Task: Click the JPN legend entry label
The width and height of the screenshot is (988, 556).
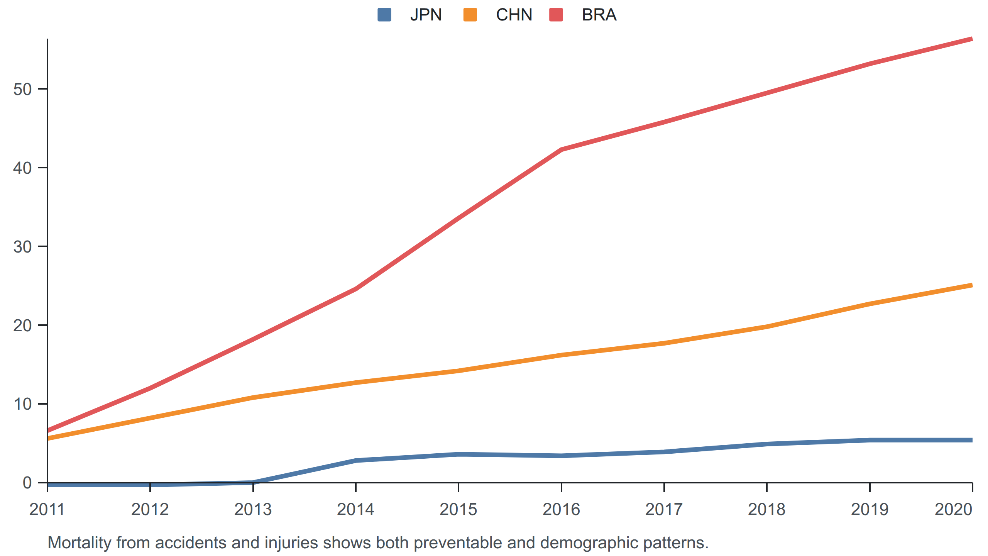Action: (x=426, y=15)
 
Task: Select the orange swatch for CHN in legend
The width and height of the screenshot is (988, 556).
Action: (x=470, y=15)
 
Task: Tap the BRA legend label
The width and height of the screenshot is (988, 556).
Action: (x=599, y=15)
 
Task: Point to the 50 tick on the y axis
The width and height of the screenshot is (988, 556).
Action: (x=22, y=89)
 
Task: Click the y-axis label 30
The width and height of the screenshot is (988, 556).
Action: (x=22, y=247)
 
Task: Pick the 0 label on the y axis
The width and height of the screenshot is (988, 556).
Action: (x=27, y=483)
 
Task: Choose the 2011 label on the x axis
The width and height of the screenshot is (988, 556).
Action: (x=47, y=509)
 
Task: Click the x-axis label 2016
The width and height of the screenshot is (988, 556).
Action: (x=561, y=509)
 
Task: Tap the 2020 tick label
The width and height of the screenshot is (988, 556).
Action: (x=953, y=509)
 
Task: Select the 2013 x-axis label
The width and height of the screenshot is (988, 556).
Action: (x=253, y=509)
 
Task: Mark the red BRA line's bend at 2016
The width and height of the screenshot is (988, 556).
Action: (x=561, y=149)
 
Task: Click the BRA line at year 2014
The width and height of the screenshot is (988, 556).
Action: (x=355, y=288)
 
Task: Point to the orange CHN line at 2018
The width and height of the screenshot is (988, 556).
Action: (x=767, y=327)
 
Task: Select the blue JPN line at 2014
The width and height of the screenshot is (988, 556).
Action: (x=355, y=460)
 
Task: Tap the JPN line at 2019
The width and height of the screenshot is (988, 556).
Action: (x=870, y=440)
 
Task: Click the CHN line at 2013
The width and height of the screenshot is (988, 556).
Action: (x=253, y=397)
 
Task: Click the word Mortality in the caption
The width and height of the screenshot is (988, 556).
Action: (x=80, y=543)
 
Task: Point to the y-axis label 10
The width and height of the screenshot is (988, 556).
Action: (x=22, y=404)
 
